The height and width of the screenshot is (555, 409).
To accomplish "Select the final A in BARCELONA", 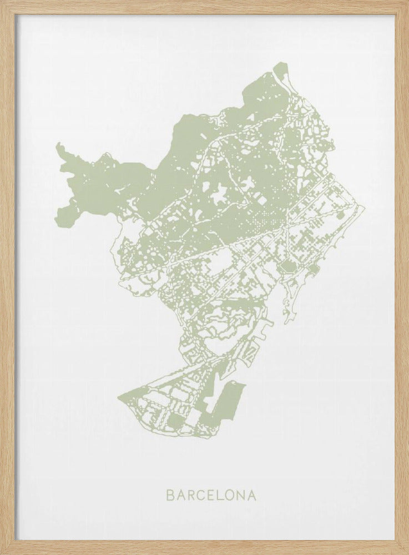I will tap(254, 495).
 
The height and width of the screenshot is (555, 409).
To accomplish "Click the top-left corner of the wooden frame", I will tap(2, 2).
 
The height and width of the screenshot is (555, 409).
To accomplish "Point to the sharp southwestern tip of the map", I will tap(119, 397).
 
